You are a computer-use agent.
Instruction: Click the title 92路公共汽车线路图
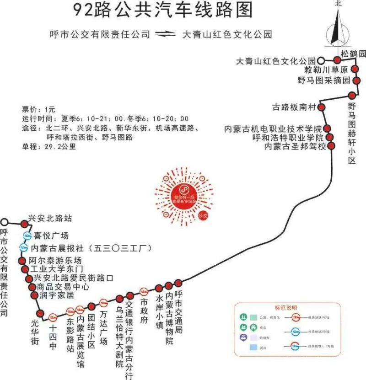coord(162,10)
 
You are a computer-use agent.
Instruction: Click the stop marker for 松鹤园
coord(338,59)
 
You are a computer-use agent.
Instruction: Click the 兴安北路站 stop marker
coord(25,224)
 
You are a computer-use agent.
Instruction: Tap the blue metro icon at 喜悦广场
coord(27,236)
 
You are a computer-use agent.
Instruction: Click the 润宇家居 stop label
coord(57,295)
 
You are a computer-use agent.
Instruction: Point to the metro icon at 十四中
coord(53,316)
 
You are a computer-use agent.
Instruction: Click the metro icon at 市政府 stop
coord(144,291)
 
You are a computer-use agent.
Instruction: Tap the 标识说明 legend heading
coord(285,307)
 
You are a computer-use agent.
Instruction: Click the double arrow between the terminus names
coord(166,34)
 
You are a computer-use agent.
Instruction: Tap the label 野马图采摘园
coord(323,80)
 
